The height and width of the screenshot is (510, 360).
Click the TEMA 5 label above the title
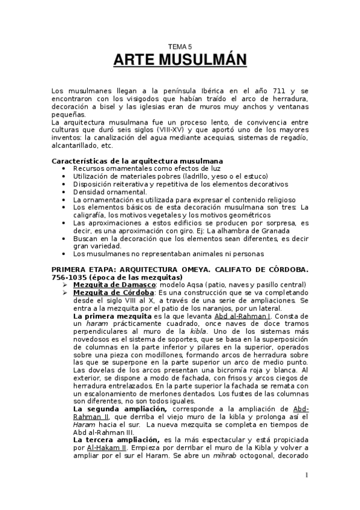point(180,46)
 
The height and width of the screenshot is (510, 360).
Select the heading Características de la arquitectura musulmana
point(137,161)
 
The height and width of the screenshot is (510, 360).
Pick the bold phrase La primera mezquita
point(112,316)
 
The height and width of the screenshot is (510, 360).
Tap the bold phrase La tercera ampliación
point(112,440)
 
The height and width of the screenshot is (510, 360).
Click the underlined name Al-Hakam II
point(108,447)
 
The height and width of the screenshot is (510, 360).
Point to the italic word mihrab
point(213,455)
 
